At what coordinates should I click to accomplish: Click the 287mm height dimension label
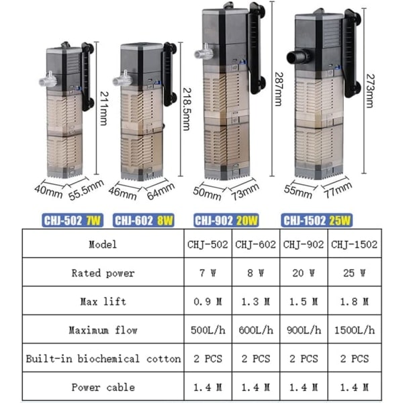(279, 89)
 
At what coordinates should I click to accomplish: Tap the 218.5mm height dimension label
(187, 109)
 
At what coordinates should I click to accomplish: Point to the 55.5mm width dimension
(87, 189)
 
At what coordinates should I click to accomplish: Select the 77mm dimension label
(338, 190)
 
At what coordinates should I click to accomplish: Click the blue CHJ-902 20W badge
(226, 221)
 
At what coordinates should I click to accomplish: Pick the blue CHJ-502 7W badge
(73, 220)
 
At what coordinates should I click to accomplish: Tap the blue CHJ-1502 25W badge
(316, 221)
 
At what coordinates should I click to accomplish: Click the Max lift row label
(103, 302)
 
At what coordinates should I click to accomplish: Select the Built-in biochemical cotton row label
(103, 359)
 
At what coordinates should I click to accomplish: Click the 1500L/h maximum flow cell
(355, 330)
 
